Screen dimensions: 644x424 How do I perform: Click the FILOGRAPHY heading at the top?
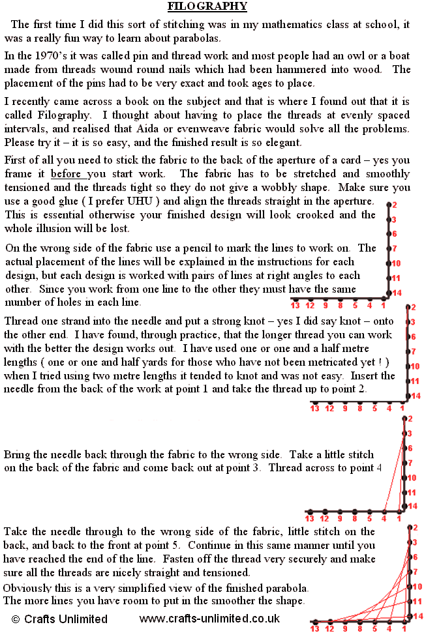click(x=207, y=7)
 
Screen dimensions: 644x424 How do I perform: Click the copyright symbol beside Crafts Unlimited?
click(x=16, y=619)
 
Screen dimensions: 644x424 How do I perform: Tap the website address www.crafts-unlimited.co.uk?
click(x=209, y=619)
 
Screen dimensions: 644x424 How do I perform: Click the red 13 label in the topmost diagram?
click(x=295, y=305)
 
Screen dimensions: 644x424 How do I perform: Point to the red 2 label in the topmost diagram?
click(x=394, y=205)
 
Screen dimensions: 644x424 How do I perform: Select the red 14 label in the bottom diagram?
click(x=418, y=616)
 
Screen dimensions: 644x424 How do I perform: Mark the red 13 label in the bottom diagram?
click(x=314, y=630)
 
